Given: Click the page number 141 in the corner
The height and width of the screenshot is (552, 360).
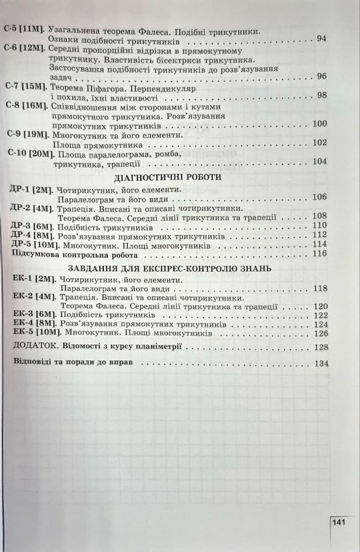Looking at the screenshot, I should tap(339, 522).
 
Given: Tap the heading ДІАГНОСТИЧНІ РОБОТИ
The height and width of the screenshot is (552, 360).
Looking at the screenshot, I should tap(167, 178).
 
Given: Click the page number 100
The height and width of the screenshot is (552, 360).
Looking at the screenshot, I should tap(320, 124).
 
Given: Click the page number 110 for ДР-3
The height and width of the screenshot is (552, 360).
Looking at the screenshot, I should tap(320, 225).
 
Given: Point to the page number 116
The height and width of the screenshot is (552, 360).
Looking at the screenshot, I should tap(320, 254).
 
